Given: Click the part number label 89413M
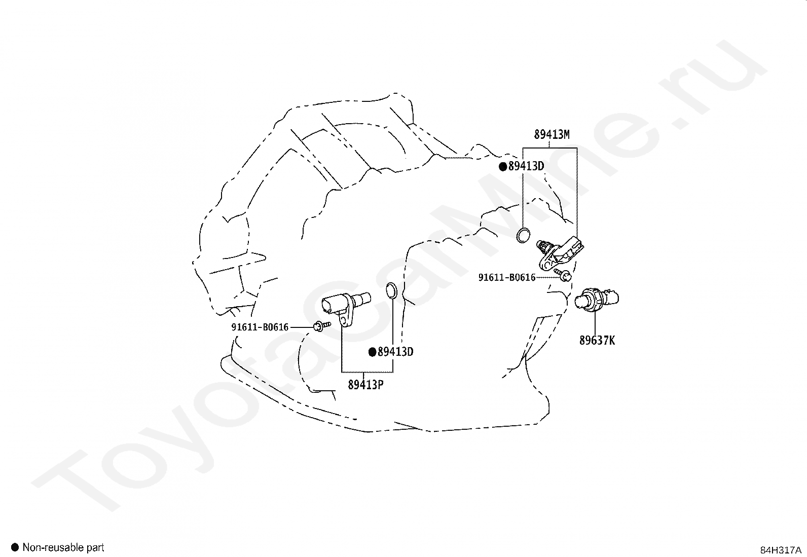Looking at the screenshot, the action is pyautogui.click(x=552, y=135).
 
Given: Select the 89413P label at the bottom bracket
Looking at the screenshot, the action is pyautogui.click(x=365, y=385).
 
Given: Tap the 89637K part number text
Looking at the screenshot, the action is pyautogui.click(x=597, y=340).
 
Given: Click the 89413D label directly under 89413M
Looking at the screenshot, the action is pyautogui.click(x=526, y=166).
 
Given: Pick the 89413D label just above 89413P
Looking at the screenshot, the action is pyautogui.click(x=395, y=352).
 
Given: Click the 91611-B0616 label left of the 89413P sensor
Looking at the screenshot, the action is pyautogui.click(x=260, y=327).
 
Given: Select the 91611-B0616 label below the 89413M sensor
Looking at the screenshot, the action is pyautogui.click(x=507, y=277).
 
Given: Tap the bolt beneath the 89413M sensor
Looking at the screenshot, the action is pyautogui.click(x=564, y=275).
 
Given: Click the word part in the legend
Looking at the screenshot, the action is pyautogui.click(x=95, y=547).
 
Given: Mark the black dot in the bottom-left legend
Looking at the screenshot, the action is pyautogui.click(x=15, y=547).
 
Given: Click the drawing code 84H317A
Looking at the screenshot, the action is pyautogui.click(x=780, y=550).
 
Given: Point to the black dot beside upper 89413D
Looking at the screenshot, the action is pyautogui.click(x=503, y=167).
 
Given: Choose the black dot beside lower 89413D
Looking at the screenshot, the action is pyautogui.click(x=372, y=352).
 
